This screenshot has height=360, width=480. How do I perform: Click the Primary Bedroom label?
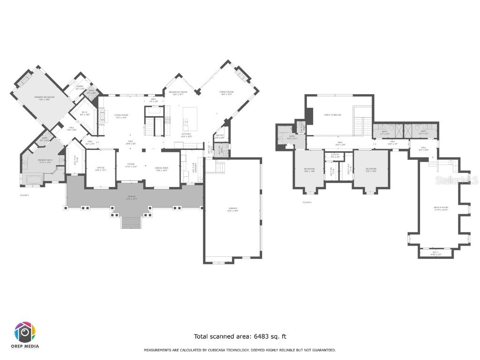[45, 98]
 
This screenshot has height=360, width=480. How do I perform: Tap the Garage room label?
[233, 209]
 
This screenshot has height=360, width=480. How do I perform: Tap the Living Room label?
[121, 116]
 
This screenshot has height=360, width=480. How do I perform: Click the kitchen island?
[191, 119]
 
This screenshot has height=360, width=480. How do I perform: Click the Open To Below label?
[333, 115]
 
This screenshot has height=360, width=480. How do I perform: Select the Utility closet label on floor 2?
[335, 155]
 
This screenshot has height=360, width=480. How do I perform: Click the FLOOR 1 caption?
[24, 195]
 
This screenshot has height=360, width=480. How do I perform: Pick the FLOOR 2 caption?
[307, 202]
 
